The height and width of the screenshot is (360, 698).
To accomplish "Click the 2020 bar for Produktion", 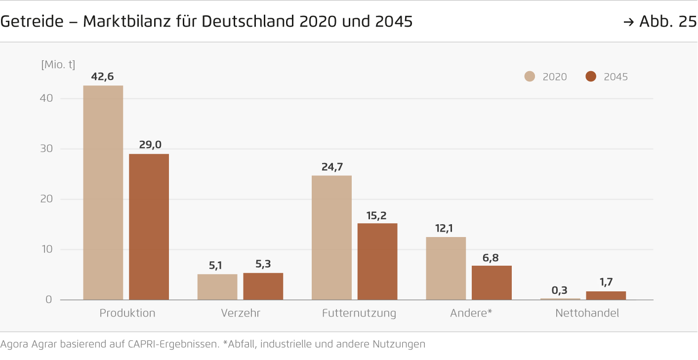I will coord(103,193).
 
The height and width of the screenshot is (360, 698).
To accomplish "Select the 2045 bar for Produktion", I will coord(149,227).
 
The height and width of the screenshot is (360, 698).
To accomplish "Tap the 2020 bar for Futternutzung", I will coord(331,238).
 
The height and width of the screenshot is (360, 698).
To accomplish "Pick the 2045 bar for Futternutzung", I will coord(377,261).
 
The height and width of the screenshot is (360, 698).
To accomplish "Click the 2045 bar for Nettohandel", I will coord(606,295).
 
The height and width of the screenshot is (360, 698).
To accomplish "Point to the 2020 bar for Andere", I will coord(446,268).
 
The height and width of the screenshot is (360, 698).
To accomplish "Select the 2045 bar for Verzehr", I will coord(263,286).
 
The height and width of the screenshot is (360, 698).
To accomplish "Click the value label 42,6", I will coord(103,77).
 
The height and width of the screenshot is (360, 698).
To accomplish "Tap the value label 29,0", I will coord(149,145).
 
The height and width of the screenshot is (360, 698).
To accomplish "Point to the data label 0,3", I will coord(560,290).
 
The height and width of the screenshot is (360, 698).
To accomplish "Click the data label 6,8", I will coord(492,257).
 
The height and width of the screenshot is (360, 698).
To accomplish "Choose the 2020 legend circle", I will coord(530,77).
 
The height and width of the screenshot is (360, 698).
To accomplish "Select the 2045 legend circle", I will coord(591,77).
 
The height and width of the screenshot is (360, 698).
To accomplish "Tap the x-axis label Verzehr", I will coord(240,313).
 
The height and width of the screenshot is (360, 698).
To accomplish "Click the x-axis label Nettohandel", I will coord(587,313).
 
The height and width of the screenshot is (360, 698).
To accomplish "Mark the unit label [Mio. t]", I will coord(58,65).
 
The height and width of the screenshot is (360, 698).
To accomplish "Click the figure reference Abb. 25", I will coord(667,22).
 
